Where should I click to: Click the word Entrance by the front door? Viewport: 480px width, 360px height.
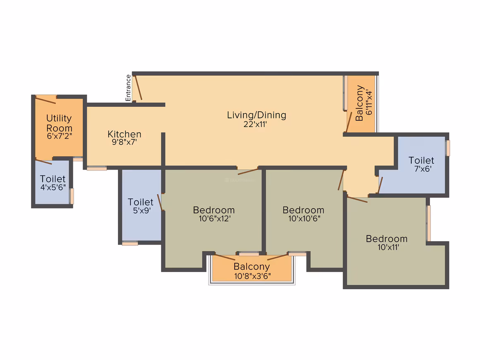[x=128, y=88]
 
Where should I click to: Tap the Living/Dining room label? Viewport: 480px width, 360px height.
[x=257, y=115]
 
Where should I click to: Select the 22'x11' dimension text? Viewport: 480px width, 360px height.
[x=255, y=124]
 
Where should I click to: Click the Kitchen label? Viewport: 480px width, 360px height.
[x=124, y=134]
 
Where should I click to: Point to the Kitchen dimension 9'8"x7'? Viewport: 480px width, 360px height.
[x=124, y=142]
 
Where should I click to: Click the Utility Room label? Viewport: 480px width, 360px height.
[x=59, y=123]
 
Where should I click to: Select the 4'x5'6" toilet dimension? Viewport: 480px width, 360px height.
[x=53, y=187]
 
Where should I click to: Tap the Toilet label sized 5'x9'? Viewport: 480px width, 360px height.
[x=141, y=202]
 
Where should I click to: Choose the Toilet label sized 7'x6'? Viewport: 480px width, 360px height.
[x=421, y=161]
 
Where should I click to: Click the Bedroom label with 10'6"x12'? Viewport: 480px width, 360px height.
[x=214, y=210]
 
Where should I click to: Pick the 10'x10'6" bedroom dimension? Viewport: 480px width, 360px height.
[x=304, y=218]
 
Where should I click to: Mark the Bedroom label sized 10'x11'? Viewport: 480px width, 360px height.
[x=386, y=239]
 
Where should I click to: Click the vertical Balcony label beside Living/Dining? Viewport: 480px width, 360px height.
[x=360, y=103]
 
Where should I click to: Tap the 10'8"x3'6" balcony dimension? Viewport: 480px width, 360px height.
[x=252, y=276]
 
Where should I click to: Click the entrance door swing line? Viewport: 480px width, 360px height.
[x=138, y=88]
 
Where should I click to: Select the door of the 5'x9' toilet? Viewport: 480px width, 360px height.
[x=159, y=202]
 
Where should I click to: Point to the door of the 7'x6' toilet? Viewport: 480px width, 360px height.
[x=380, y=185]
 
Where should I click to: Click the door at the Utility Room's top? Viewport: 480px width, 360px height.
[x=46, y=100]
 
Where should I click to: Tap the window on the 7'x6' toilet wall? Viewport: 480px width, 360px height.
[x=448, y=148]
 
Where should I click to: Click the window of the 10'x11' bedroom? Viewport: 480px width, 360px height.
[x=429, y=223]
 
